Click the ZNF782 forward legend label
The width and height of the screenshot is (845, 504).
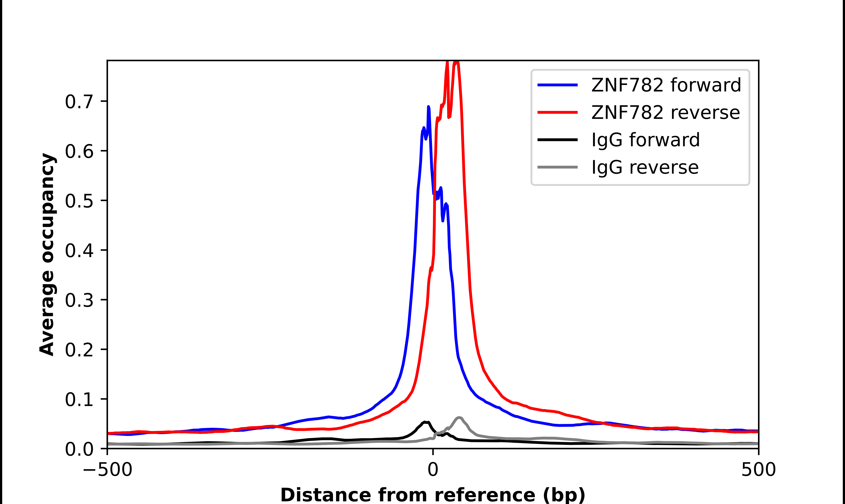pyautogui.click(x=666, y=85)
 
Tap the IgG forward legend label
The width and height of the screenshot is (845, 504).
pyautogui.click(x=645, y=140)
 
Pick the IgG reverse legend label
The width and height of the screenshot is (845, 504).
pyautogui.click(x=645, y=168)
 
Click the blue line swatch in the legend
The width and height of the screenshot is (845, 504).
pyautogui.click(x=557, y=85)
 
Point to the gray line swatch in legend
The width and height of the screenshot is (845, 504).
pyautogui.click(x=557, y=167)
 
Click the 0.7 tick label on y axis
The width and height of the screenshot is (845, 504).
pyautogui.click(x=79, y=102)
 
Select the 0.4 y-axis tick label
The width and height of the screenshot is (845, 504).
pyautogui.click(x=79, y=251)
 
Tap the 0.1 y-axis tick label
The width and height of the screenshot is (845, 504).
pyautogui.click(x=79, y=399)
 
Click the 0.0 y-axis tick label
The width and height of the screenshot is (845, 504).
pyautogui.click(x=79, y=449)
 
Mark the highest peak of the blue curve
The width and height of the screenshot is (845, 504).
pyautogui.click(x=428, y=107)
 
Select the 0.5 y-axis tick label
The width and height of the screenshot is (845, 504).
pyautogui.click(x=79, y=201)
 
